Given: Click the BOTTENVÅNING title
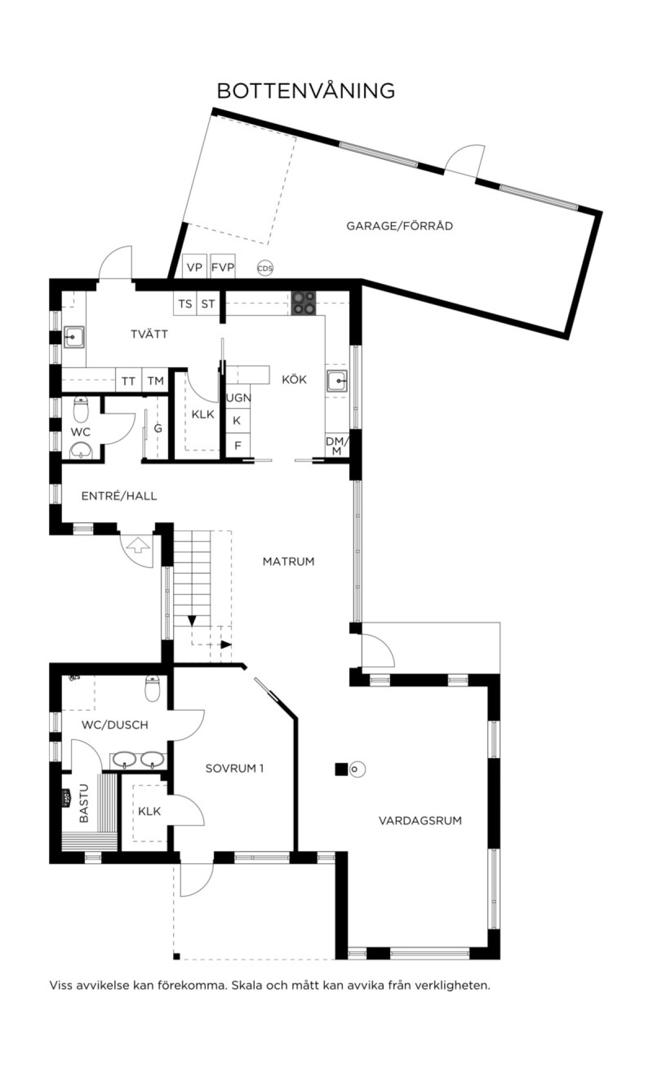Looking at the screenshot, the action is click(306, 90).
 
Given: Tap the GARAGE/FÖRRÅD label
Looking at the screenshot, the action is click(399, 226).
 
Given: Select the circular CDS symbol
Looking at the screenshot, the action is click(265, 268).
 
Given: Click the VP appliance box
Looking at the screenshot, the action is click(194, 266).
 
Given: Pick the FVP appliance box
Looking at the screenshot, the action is click(223, 266).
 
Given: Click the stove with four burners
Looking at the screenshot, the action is click(304, 303).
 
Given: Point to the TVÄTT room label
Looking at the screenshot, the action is click(149, 334).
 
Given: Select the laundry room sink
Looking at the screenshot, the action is click(73, 337).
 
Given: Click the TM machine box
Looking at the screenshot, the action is click(156, 380).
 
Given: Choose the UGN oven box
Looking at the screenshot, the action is click(238, 398).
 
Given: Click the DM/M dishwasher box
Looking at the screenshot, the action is click(337, 446).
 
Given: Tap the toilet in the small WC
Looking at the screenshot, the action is click(81, 409).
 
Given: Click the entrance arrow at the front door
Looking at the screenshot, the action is click(136, 544).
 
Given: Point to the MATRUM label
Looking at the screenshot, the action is click(288, 561).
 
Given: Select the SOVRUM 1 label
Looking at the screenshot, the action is click(235, 768).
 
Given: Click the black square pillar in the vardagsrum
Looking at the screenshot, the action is click(341, 769).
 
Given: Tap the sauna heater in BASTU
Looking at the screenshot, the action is click(66, 799).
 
